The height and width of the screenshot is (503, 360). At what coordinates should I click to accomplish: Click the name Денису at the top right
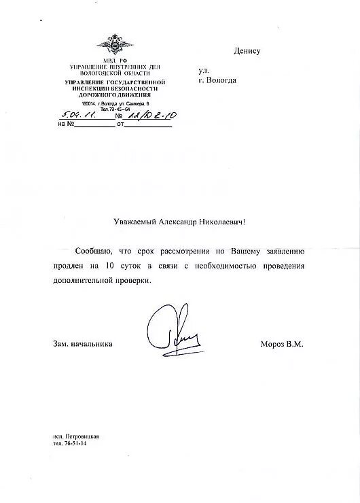247,51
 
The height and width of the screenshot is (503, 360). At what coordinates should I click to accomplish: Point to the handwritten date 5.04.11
79,116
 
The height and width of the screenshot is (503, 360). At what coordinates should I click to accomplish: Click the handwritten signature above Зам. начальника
170,326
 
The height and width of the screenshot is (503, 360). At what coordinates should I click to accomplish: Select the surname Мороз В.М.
281,344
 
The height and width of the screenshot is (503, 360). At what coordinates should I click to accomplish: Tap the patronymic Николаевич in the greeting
222,221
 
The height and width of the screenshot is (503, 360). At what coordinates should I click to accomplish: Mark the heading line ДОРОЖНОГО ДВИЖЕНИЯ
110,94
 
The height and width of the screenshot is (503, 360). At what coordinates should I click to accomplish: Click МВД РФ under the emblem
110,61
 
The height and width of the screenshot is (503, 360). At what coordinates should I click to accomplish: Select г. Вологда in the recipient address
217,80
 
